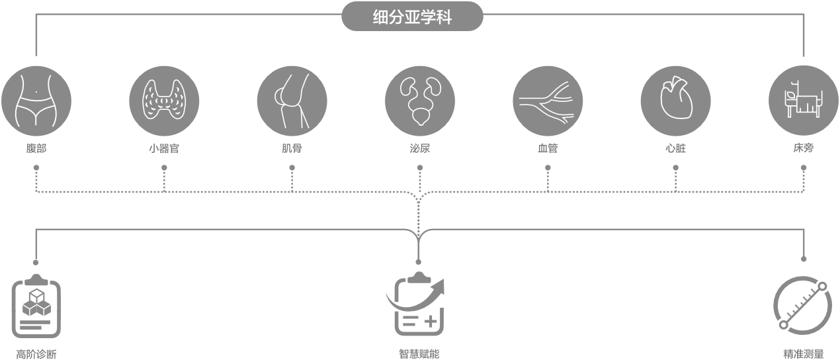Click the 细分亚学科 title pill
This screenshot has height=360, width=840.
(x=412, y=17)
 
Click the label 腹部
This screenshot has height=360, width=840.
(x=36, y=149)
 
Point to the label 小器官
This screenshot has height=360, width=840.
(x=164, y=149)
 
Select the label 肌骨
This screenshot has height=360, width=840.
(x=292, y=149)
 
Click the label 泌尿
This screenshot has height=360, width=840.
(x=420, y=149)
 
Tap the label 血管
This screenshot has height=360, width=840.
(x=548, y=149)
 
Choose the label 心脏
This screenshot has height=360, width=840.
(x=675, y=149)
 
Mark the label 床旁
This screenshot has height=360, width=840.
(x=803, y=149)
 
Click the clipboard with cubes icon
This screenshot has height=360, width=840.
(x=36, y=306)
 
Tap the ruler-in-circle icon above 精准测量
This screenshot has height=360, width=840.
(x=802, y=305)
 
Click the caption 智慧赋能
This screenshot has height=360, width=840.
(x=418, y=354)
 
